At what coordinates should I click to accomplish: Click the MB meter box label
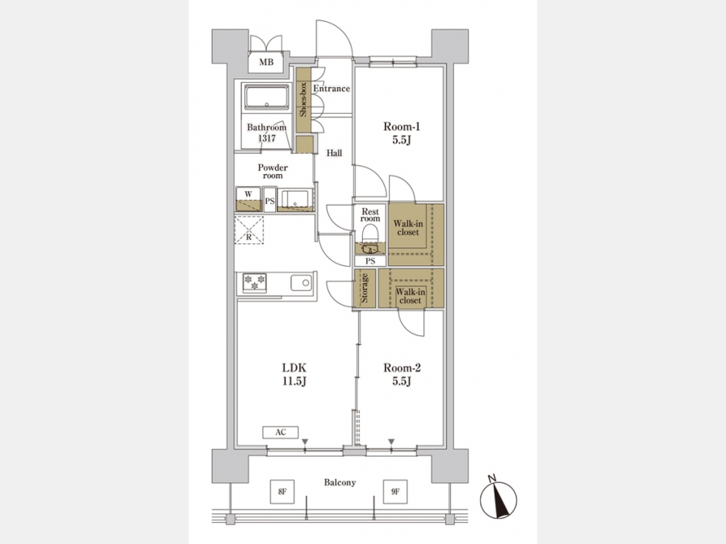tap(266, 62)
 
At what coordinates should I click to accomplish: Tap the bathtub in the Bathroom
tap(267, 98)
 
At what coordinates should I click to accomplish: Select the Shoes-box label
tap(303, 99)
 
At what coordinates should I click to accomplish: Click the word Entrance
tap(332, 89)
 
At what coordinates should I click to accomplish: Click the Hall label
tap(334, 152)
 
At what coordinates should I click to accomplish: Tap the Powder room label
tap(273, 171)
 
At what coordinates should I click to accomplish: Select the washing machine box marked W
tap(248, 199)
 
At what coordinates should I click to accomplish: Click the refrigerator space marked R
tap(248, 230)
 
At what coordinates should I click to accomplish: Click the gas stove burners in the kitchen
tap(254, 283)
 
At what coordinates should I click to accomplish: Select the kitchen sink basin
tap(301, 282)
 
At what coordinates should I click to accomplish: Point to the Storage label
tap(365, 289)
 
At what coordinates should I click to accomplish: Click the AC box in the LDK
tap(280, 432)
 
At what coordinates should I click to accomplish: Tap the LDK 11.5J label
tap(294, 374)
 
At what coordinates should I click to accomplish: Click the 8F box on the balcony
tap(282, 492)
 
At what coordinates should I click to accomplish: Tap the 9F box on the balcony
tap(395, 492)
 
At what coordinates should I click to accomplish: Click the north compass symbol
tap(499, 499)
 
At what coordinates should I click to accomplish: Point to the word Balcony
tap(340, 483)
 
